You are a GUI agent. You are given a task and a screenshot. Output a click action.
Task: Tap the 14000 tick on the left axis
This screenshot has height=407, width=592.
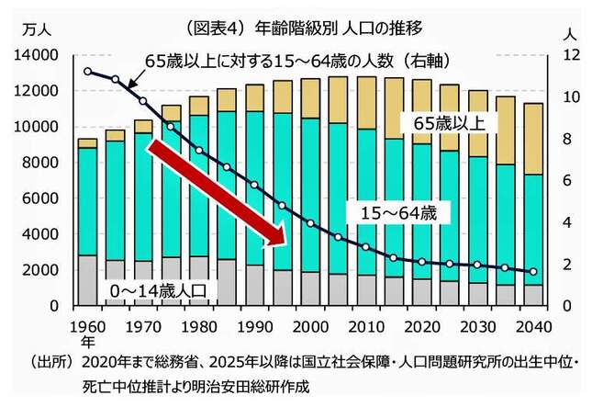[x=39, y=55]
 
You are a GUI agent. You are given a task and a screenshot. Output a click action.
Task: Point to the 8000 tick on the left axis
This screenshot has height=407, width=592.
[x=42, y=163]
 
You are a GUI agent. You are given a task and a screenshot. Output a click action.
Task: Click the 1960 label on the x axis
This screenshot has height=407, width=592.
[x=87, y=327]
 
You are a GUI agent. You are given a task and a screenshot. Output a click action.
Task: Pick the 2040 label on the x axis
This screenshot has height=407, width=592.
[x=532, y=327]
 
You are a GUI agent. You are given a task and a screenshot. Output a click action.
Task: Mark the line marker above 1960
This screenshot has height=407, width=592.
[x=87, y=71]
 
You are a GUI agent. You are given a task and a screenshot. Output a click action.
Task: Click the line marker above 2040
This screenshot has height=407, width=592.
[x=532, y=272]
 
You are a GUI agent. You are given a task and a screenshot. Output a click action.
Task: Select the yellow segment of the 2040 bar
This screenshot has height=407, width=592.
[x=532, y=138]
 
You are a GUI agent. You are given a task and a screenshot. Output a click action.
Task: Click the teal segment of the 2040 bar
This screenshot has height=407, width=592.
[x=532, y=230]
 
